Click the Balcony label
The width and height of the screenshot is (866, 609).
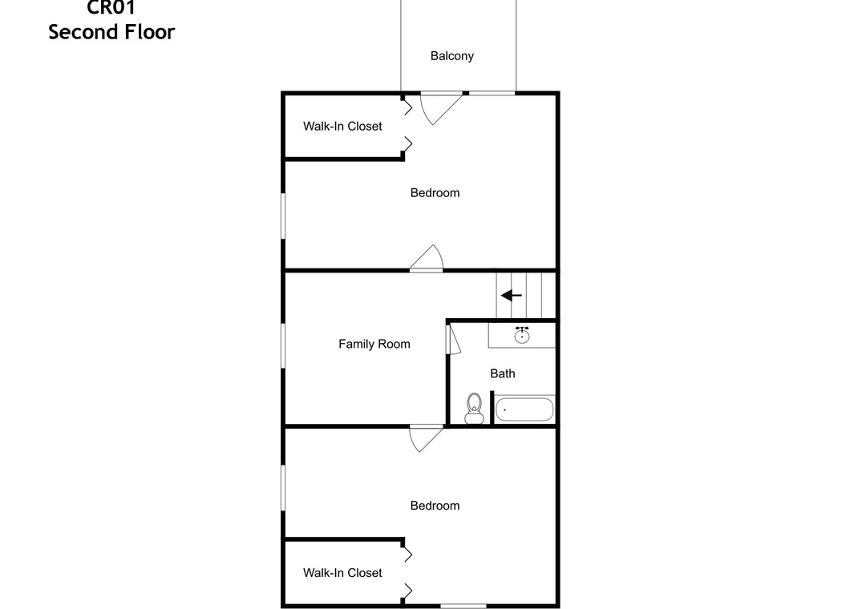pos(451,56)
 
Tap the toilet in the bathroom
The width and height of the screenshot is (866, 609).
pos(474,408)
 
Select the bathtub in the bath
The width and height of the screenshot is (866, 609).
pos(524,409)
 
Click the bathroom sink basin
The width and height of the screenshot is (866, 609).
pos(522,335)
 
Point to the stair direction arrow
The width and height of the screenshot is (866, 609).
pos(512,296)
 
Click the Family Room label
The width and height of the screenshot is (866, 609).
pos(374,344)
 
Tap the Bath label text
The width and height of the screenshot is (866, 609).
pos(503,373)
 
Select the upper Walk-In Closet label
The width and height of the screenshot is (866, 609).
pos(342,127)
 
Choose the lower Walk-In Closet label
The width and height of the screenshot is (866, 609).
pos(342,573)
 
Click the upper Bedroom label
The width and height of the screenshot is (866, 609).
pos(435,192)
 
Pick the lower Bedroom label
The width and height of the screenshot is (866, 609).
pos(435,506)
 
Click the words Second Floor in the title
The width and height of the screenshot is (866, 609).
pos(111,32)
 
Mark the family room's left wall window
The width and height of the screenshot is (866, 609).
pos(283,345)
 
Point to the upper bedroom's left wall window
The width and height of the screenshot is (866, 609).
pos(283,216)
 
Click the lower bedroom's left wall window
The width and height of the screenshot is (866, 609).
pos(283,487)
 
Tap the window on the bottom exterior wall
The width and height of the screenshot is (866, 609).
pos(463,607)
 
